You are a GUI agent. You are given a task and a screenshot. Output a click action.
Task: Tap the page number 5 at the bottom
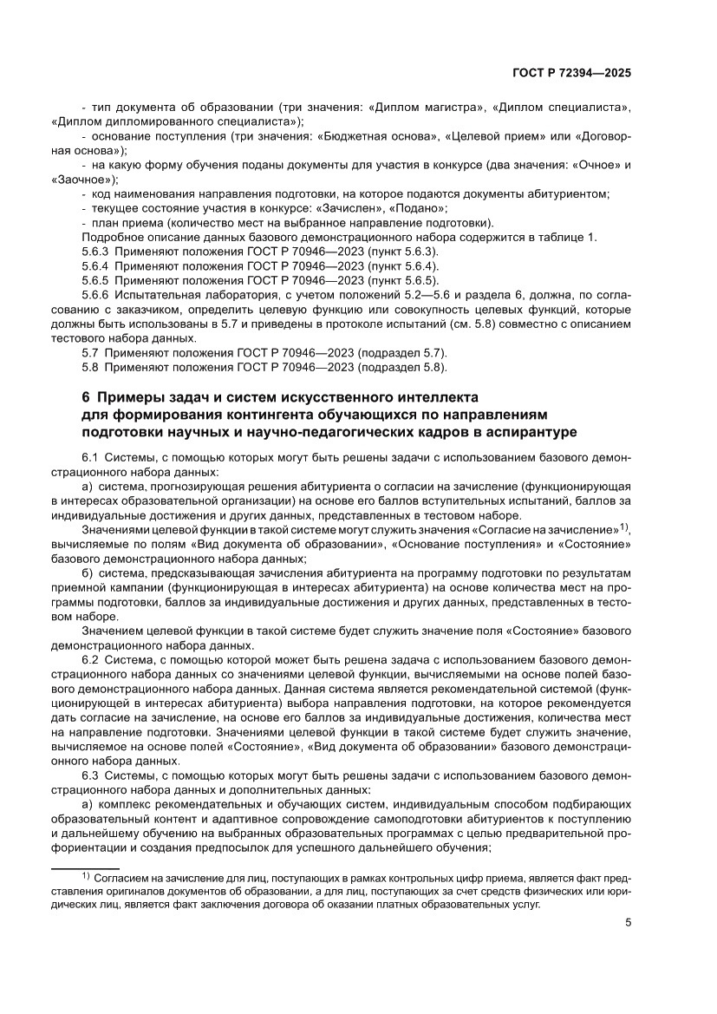628,923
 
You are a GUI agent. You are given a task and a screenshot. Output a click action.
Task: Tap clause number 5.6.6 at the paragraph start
95,294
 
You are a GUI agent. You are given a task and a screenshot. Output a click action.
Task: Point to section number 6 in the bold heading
85,397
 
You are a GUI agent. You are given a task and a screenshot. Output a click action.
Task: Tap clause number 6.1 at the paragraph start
90,457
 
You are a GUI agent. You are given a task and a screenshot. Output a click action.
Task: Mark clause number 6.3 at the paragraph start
90,775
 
